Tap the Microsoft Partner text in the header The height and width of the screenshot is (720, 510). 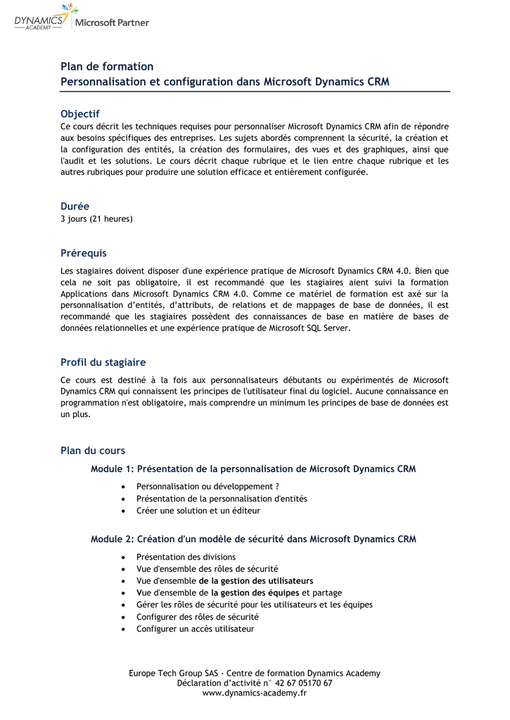[112, 22]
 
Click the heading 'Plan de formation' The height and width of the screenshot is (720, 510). [107, 67]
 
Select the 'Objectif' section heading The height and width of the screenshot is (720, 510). [80, 114]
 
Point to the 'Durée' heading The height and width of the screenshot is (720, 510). [75, 207]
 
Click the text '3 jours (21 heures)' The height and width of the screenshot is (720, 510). [96, 219]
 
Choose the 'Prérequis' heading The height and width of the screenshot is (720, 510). [83, 253]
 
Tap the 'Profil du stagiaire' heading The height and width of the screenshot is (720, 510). [103, 363]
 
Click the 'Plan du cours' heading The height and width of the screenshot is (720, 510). [93, 451]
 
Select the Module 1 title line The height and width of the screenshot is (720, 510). [253, 469]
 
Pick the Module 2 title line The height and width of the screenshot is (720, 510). [253, 539]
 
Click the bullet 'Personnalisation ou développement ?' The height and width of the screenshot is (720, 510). [208, 487]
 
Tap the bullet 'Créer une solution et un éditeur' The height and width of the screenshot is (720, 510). [198, 510]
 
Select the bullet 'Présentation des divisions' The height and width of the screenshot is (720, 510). [186, 557]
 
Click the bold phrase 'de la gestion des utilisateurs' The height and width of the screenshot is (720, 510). [256, 581]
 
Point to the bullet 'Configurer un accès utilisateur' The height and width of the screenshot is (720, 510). [195, 629]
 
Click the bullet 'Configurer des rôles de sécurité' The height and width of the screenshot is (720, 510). [198, 617]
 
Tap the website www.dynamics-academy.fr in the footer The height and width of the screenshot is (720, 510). [255, 693]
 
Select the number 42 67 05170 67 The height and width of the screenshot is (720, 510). [304, 683]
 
